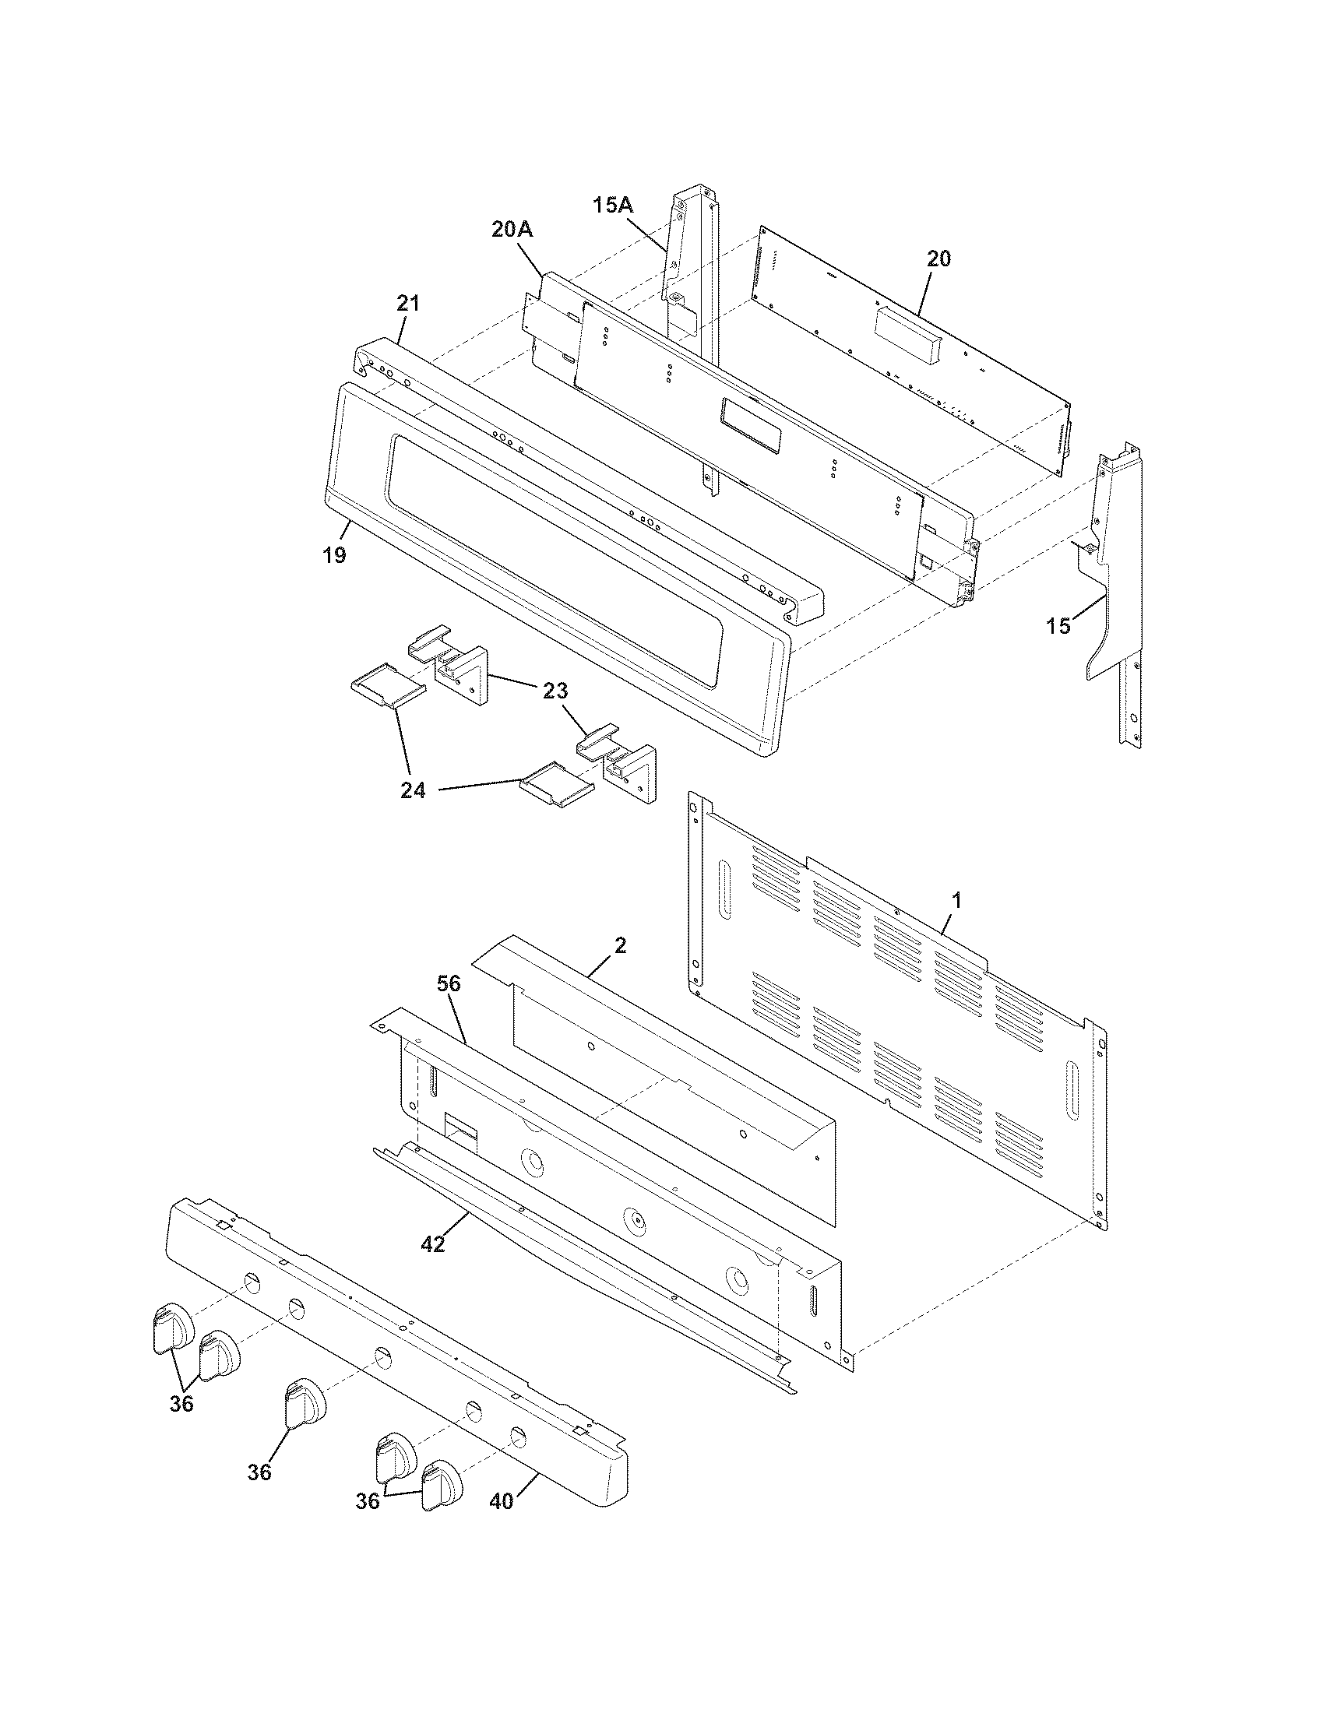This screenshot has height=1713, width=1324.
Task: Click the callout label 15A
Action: tap(613, 206)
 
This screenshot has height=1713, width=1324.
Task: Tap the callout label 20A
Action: tap(512, 229)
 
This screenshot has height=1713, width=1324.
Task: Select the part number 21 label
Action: tap(409, 303)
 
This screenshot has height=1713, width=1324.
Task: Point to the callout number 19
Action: tap(333, 555)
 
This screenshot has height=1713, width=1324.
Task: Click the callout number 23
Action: tap(554, 691)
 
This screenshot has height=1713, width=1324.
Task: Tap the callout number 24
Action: tap(414, 790)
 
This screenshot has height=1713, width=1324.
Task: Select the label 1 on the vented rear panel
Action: tap(956, 900)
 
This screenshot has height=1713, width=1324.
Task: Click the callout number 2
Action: tap(620, 945)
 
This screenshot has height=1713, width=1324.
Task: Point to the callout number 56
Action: tap(449, 983)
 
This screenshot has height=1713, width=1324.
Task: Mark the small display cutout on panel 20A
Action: tap(752, 424)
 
